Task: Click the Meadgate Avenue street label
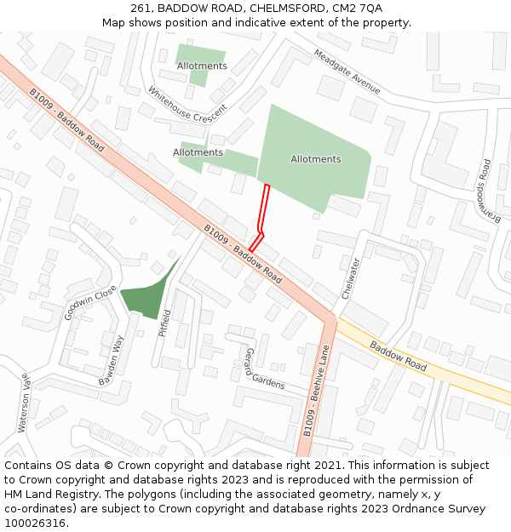click(347, 71)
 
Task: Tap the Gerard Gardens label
click(264, 369)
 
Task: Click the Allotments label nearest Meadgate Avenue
click(202, 66)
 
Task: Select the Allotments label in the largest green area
click(315, 159)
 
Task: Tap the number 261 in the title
click(141, 9)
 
